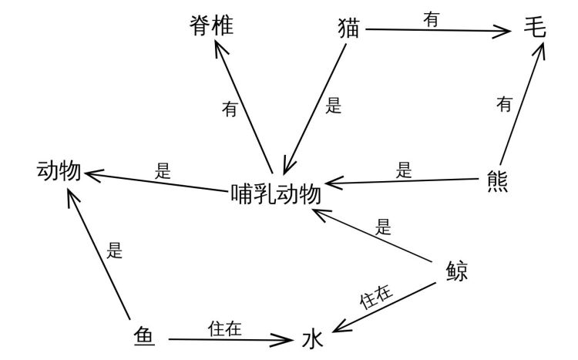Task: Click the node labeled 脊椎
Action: pos(211,26)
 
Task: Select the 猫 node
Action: pos(349,29)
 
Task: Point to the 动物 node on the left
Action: pos(59,171)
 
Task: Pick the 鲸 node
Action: pos(457,271)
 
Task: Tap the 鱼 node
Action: pos(143,336)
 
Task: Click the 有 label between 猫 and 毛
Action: pos(432,21)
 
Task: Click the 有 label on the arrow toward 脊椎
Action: pos(230,109)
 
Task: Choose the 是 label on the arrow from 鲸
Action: pos(383,227)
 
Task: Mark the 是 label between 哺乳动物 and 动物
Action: pos(163,172)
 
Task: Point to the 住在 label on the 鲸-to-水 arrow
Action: pos(378,297)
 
